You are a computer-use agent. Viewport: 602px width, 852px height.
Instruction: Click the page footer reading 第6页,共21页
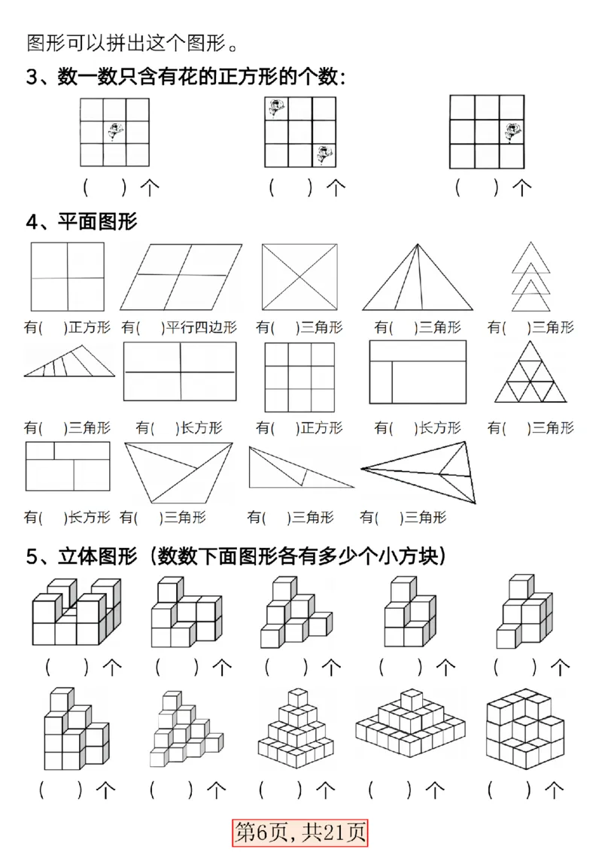click(x=301, y=831)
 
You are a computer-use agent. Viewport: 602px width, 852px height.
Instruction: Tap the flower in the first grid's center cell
click(x=114, y=132)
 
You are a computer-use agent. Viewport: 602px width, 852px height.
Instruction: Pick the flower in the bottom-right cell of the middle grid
click(x=322, y=154)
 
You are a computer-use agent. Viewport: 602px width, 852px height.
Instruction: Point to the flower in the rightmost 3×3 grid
click(x=512, y=132)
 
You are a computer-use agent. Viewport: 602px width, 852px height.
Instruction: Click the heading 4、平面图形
click(x=81, y=222)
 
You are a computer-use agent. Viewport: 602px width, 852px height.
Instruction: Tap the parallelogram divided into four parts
click(x=181, y=277)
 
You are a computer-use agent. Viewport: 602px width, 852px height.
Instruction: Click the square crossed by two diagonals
click(x=299, y=277)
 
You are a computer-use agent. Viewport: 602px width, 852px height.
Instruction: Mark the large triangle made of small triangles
click(x=531, y=373)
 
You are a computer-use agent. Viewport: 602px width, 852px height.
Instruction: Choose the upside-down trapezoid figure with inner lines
click(x=178, y=472)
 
